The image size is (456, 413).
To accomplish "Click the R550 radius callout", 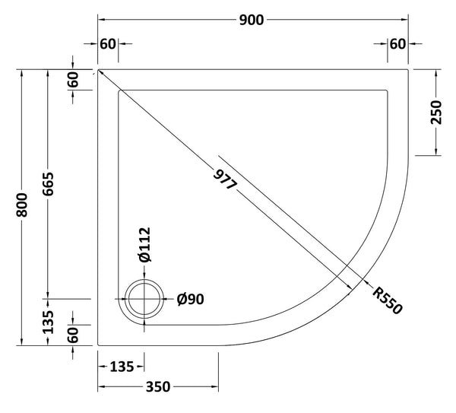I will pyautogui.click(x=385, y=300).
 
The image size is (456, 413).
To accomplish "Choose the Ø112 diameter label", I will pyautogui.click(x=144, y=246).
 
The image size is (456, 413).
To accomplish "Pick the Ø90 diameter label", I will pyautogui.click(x=190, y=300).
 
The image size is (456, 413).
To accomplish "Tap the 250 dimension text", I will pyautogui.click(x=435, y=113).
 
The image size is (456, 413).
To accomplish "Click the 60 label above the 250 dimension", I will pyautogui.click(x=397, y=44).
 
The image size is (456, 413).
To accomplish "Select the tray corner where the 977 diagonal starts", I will pyautogui.click(x=99, y=69).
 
